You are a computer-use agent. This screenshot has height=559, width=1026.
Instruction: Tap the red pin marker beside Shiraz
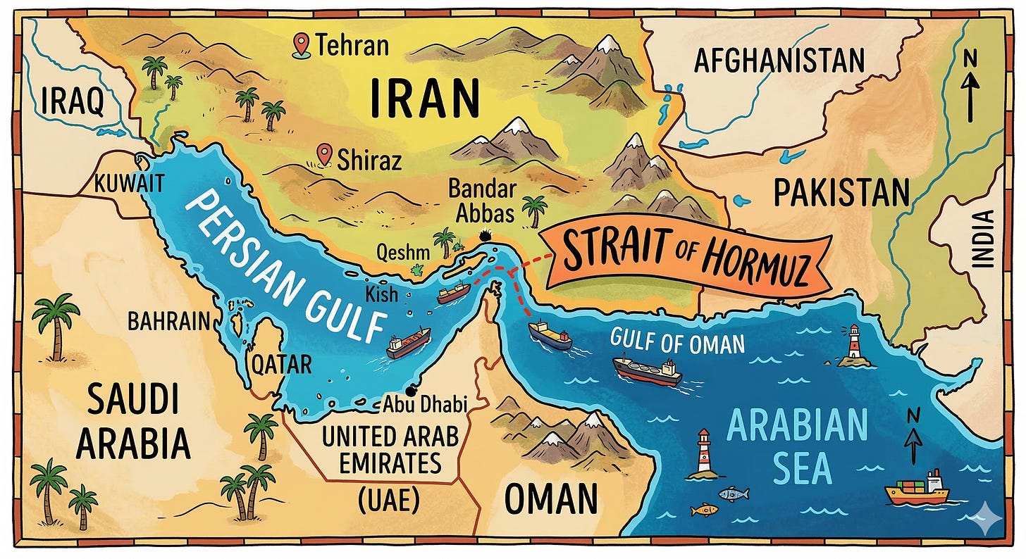[x=324, y=153]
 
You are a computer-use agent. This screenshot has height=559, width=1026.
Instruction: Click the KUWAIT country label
[x=130, y=184]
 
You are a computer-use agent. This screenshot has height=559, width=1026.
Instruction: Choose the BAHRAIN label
[x=169, y=322]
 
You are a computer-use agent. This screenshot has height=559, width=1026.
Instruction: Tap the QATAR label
[x=282, y=364]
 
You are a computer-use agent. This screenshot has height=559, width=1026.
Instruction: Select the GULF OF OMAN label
[x=676, y=344]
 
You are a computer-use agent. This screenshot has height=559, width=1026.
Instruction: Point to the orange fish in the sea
[x=704, y=509]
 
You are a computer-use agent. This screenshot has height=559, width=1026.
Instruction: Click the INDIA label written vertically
[x=981, y=239]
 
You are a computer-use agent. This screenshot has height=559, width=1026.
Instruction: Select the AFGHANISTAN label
[x=779, y=61]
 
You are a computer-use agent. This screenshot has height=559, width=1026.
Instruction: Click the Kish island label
[x=381, y=293]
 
